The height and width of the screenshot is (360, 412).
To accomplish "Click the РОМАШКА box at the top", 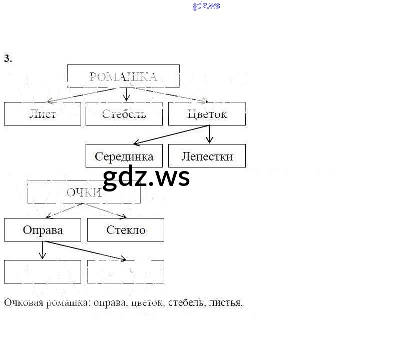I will click(x=123, y=76).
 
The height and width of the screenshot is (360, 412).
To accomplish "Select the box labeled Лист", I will click(x=43, y=114).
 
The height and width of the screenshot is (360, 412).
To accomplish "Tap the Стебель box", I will click(x=124, y=114).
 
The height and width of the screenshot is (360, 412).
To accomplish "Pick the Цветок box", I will click(x=207, y=114).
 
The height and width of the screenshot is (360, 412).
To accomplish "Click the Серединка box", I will click(x=124, y=156).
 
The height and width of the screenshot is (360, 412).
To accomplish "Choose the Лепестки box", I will click(x=207, y=156).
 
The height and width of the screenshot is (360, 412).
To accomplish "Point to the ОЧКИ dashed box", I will click(x=84, y=192).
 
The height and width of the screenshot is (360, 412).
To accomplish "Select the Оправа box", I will click(x=43, y=230).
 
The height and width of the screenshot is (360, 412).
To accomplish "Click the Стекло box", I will click(x=126, y=230).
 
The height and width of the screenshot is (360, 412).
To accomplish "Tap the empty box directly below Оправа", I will click(x=43, y=271).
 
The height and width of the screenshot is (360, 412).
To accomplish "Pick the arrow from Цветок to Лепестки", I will click(x=210, y=134).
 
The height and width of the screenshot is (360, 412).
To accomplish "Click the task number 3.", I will click(x=8, y=58).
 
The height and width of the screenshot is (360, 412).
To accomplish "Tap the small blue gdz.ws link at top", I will click(x=206, y=6).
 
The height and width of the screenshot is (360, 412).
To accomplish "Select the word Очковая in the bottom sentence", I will click(x=21, y=303).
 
